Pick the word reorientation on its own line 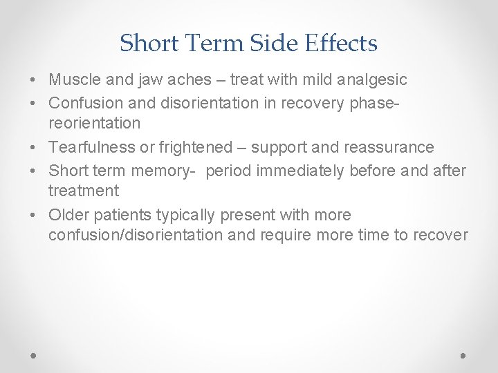pyautogui.click(x=94, y=124)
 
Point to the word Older pyautogui.click(x=68, y=215)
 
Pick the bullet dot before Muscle pyautogui.click(x=34, y=81)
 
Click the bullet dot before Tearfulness pyautogui.click(x=34, y=148)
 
